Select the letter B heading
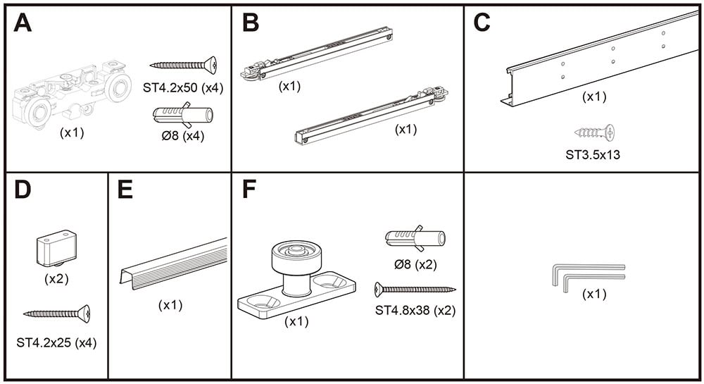pos(250,23)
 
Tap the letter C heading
pos(482,23)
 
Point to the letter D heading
pos(23,190)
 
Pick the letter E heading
pos(126,190)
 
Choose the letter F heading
pos(249,190)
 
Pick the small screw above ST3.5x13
pos(596,131)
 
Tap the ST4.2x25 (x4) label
pos(56,343)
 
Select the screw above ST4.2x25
pos(57,312)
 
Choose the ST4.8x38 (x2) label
pos(415,309)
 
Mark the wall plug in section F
pos(415,239)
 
